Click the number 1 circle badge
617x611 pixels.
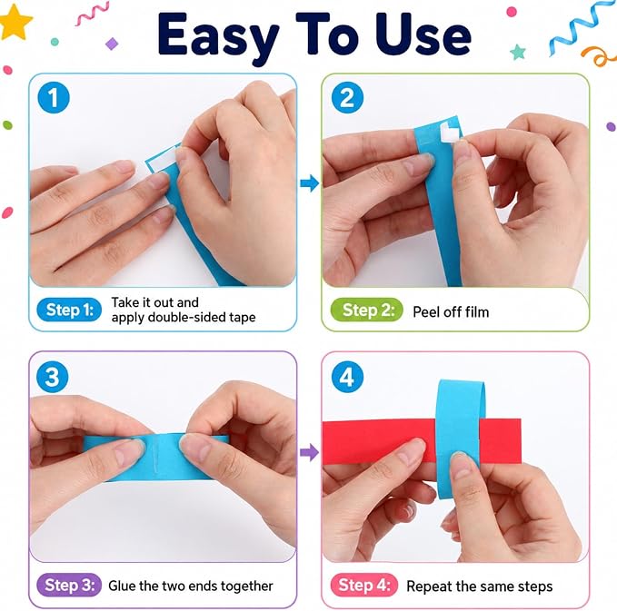click(x=54, y=97)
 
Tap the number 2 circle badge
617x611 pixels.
click(x=347, y=97)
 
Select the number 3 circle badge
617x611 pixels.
click(x=53, y=377)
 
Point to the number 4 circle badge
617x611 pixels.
click(x=347, y=377)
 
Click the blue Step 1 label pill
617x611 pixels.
click(x=69, y=310)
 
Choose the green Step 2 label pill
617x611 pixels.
click(x=367, y=310)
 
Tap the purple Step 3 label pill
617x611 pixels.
click(x=69, y=585)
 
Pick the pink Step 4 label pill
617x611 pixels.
click(x=364, y=585)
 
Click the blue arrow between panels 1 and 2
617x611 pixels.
click(x=310, y=182)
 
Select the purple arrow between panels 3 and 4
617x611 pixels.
click(x=310, y=452)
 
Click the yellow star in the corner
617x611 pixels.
click(x=15, y=22)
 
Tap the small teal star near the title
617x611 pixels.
click(x=518, y=52)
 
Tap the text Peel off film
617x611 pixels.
click(x=451, y=312)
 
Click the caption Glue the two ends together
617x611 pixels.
click(x=191, y=586)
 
